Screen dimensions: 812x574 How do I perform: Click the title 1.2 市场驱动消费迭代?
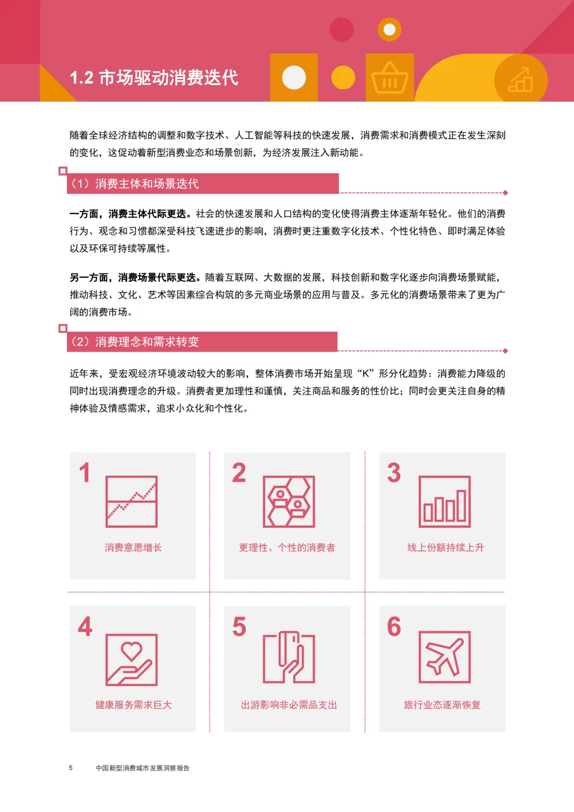[x=154, y=78]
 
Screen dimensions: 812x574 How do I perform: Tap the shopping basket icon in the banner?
[x=390, y=78]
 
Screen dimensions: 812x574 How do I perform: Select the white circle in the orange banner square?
[x=294, y=78]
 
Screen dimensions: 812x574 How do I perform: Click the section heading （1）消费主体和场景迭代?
[x=135, y=184]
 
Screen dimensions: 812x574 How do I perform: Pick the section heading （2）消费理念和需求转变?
[x=135, y=342]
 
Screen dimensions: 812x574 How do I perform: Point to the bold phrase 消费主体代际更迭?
[x=147, y=214]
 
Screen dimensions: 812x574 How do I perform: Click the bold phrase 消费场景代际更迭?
[x=157, y=277]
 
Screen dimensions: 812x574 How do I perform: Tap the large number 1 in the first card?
[x=85, y=472]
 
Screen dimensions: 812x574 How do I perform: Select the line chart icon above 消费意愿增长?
[x=131, y=501]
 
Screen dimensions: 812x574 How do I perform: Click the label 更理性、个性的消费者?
[x=287, y=547]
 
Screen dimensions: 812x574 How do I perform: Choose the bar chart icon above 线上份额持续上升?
[x=445, y=501]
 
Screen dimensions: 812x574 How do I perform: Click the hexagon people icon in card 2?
[x=289, y=501]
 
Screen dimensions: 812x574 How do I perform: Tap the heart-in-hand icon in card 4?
[x=131, y=659]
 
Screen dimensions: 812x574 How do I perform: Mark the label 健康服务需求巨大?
[x=133, y=705]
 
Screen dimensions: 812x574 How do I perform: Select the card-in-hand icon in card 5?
[x=289, y=657]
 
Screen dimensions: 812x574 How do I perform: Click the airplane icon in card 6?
[x=445, y=657]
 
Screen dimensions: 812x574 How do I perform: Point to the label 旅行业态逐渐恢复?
[x=442, y=705]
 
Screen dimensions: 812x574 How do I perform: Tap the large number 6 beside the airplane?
[x=394, y=627]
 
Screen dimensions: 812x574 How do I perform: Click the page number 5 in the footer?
[x=71, y=768]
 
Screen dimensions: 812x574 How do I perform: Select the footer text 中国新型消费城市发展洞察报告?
[x=142, y=768]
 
